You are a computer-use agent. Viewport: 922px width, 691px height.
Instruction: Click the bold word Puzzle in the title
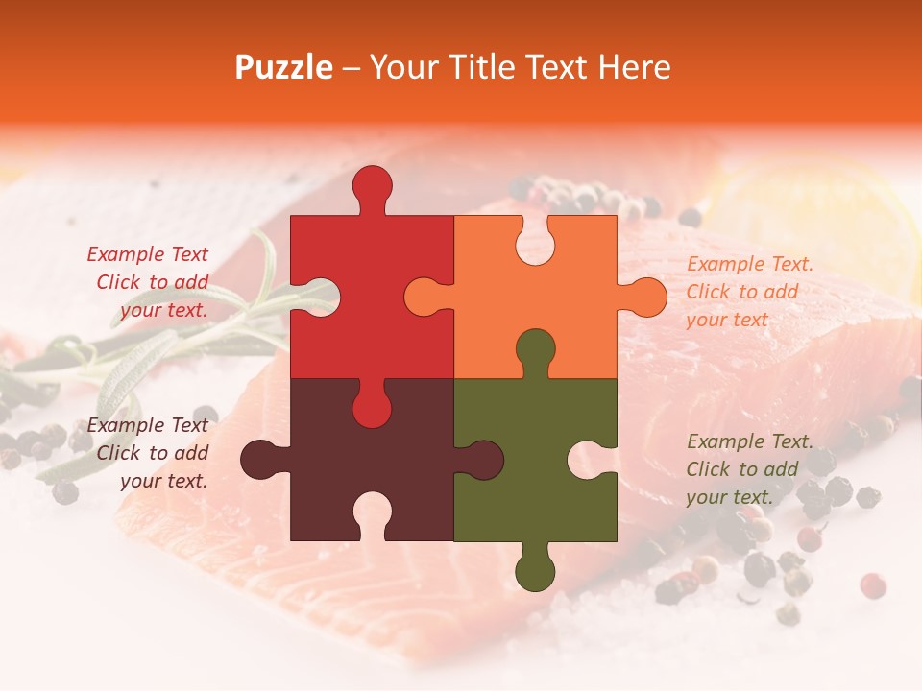284,67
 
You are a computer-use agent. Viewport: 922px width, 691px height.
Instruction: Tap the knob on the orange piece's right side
645,297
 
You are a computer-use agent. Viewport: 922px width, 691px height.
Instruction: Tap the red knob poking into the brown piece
372,406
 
